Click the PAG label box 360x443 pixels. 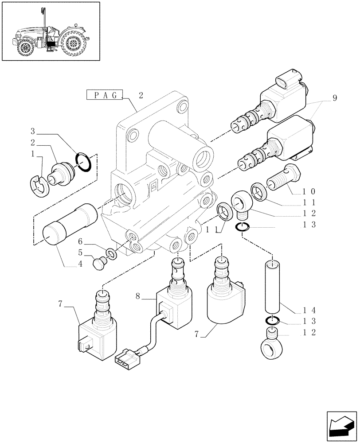pos(104,95)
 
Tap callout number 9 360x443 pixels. pos(335,98)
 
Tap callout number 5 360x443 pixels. pos(80,253)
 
